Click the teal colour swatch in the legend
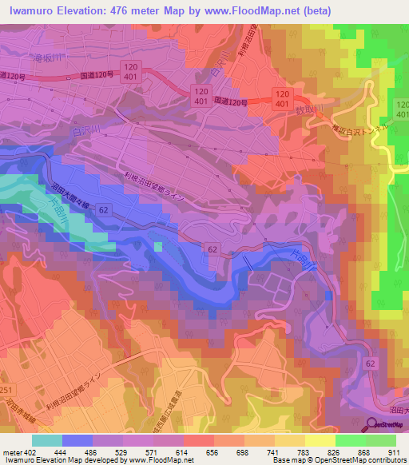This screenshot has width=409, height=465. (46, 440)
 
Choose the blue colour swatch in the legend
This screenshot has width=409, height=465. (77, 440)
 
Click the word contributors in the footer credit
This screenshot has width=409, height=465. (387, 460)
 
